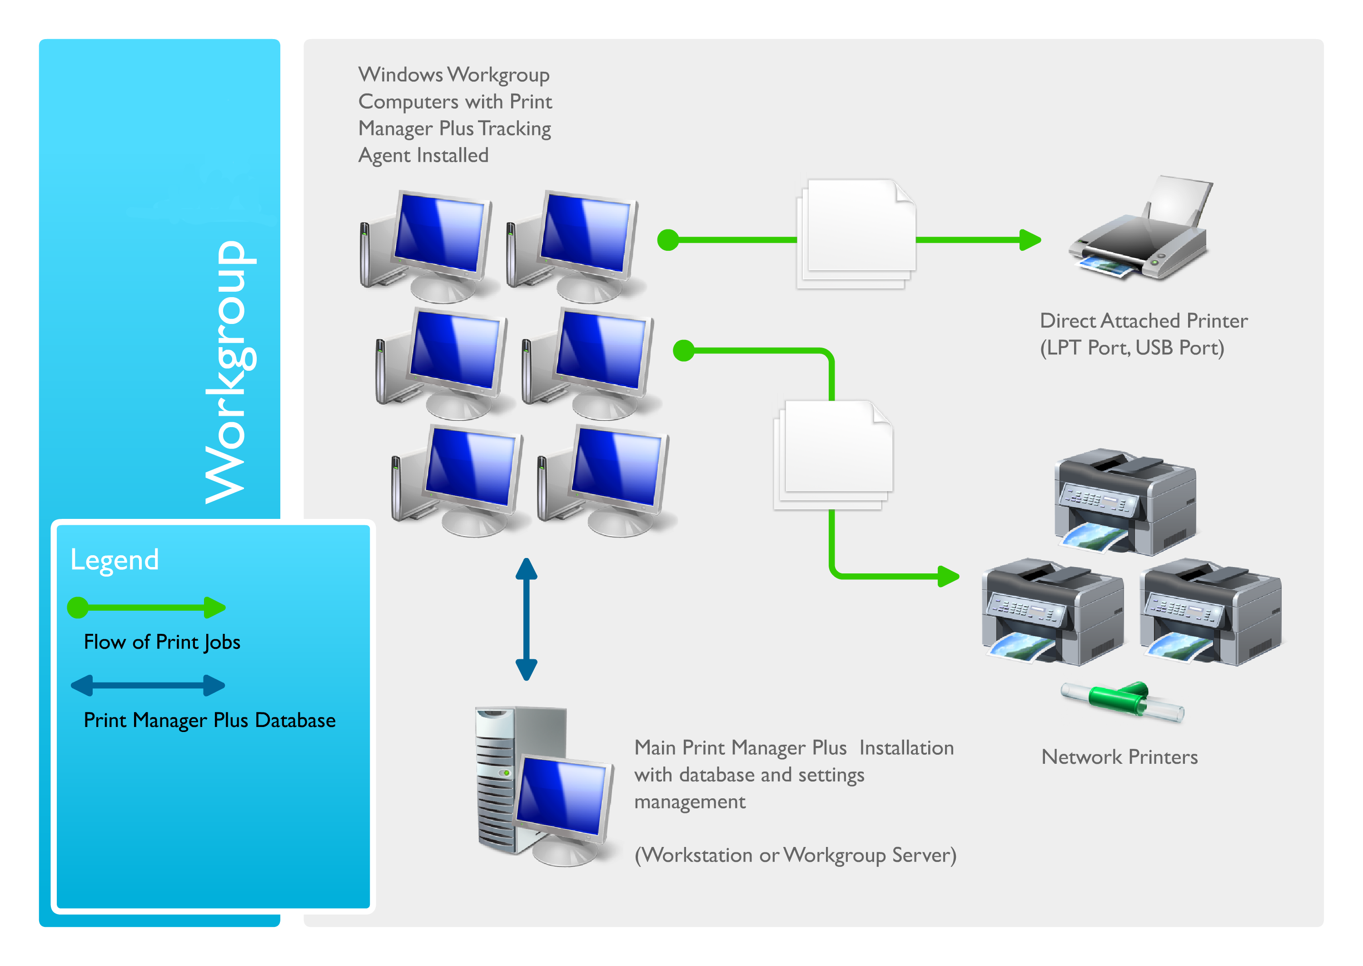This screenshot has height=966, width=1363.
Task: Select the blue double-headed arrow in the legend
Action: pyautogui.click(x=148, y=685)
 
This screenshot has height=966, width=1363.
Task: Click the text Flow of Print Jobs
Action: pyautogui.click(x=162, y=642)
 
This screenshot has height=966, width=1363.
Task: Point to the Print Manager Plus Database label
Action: pyautogui.click(x=209, y=720)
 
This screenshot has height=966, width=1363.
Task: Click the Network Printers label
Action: pyautogui.click(x=1119, y=757)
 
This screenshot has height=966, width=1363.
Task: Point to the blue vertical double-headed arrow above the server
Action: pyautogui.click(x=526, y=618)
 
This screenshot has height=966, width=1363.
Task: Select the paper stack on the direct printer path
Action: pyautogui.click(x=856, y=234)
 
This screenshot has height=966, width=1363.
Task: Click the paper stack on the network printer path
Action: pyautogui.click(x=832, y=454)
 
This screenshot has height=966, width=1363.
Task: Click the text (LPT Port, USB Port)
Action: pyautogui.click(x=1132, y=348)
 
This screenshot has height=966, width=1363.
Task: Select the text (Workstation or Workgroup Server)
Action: pyautogui.click(x=795, y=856)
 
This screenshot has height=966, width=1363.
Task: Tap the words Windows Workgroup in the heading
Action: pyautogui.click(x=454, y=75)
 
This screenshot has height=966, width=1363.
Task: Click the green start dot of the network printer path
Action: pyautogui.click(x=684, y=350)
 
